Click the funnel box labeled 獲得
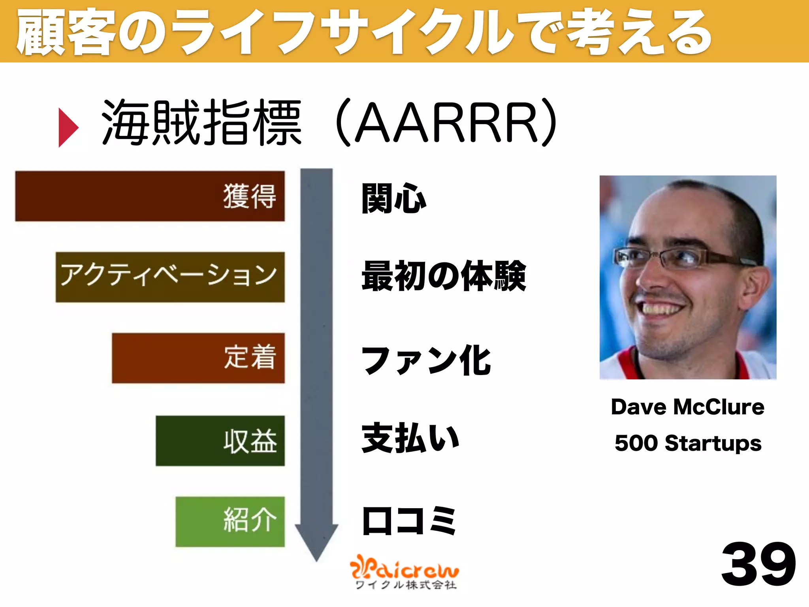[x=150, y=196]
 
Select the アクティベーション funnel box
[x=170, y=277]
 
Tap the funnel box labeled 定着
[x=198, y=358]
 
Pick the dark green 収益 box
[x=220, y=441]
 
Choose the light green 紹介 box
[x=230, y=521]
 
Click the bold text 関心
[x=394, y=198]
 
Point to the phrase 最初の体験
[x=444, y=276]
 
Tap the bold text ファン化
[x=426, y=360]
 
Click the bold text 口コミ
[x=409, y=521]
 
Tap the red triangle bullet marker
[x=68, y=127]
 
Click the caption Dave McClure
[x=687, y=407]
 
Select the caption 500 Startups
[x=688, y=443]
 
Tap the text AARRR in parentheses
[x=446, y=123]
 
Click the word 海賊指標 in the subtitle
[x=202, y=123]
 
